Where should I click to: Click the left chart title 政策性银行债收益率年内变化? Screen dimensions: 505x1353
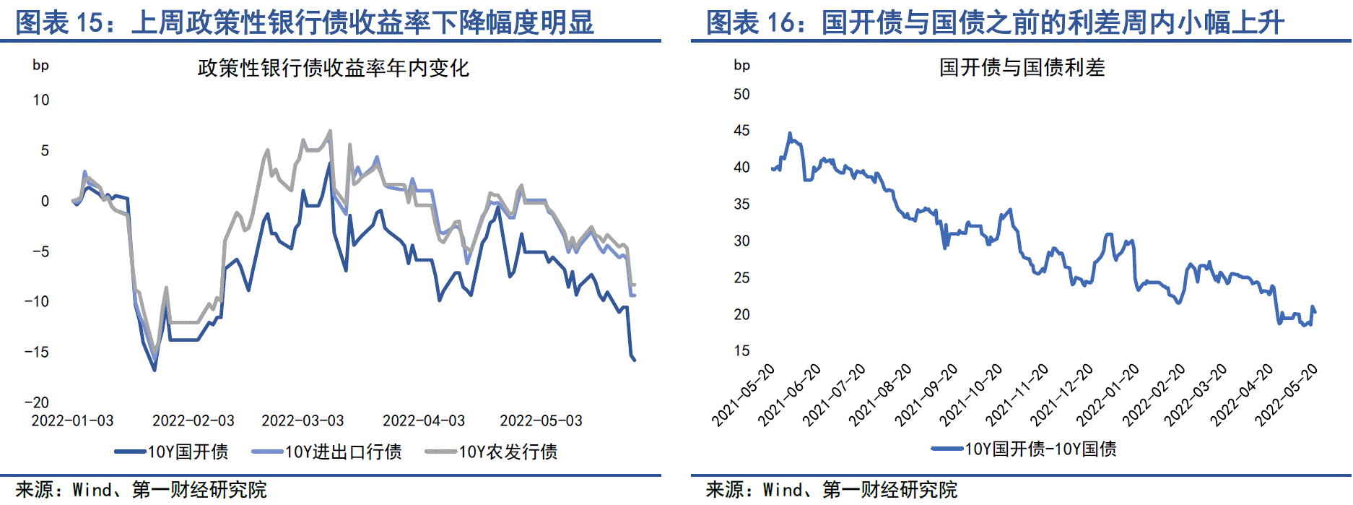pos(333,69)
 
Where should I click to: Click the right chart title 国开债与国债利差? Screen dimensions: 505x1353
pos(1022,68)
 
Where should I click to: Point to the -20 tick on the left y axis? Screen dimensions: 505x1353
pos(37,402)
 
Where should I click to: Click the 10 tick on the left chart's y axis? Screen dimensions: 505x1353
pos(41,100)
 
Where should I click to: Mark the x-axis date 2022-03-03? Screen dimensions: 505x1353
pos(303,420)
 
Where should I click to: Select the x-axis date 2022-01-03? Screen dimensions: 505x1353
pos(72,420)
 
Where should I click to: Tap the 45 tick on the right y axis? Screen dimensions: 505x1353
pos(741,131)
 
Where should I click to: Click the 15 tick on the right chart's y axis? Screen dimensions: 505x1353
pos(741,351)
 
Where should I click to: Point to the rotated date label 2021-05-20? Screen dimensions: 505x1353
pos(743,395)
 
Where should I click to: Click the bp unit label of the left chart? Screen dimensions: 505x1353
pos(40,66)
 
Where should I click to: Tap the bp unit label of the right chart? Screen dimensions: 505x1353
pos(741,66)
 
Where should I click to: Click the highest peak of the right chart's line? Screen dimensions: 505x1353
pos(790,134)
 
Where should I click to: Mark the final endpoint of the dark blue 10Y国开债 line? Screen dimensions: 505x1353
pos(635,360)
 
